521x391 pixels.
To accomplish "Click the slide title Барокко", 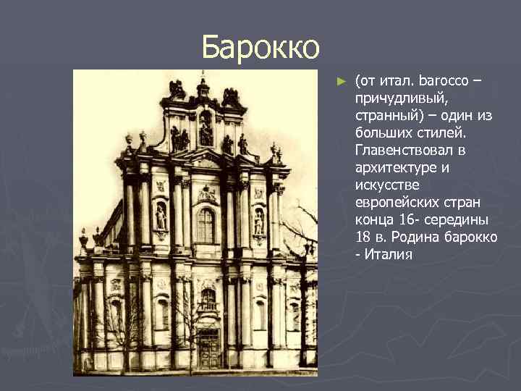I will point(260,47).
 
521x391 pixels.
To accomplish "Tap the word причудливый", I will point(397,97).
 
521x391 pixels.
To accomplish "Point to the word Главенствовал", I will point(410,151).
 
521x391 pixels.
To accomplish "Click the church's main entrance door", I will point(208,349).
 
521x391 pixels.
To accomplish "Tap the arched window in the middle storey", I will point(206,225).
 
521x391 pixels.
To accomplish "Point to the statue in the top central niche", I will point(206,130).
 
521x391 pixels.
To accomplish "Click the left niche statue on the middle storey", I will point(161,217).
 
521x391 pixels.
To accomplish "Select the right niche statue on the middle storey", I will point(258,222).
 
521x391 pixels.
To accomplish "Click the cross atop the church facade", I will point(203,75).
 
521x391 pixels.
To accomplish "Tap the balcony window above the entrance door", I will point(208,300).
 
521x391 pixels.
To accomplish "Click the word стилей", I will point(464,133).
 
